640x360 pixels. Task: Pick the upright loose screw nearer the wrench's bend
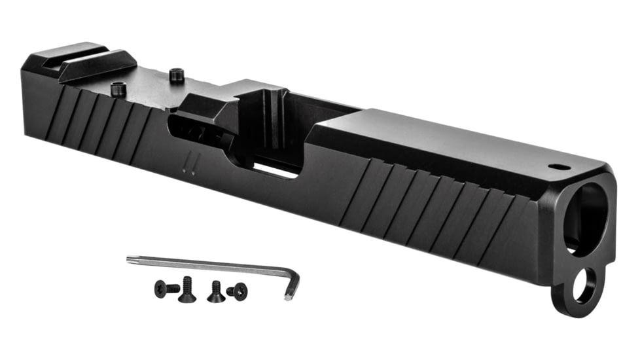click(x=216, y=292)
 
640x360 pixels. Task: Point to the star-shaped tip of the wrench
click(x=130, y=259)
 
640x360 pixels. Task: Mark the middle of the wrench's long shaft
click(x=209, y=264)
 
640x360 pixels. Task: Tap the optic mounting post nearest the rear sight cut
click(x=118, y=88)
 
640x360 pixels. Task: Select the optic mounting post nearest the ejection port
click(x=175, y=76)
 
